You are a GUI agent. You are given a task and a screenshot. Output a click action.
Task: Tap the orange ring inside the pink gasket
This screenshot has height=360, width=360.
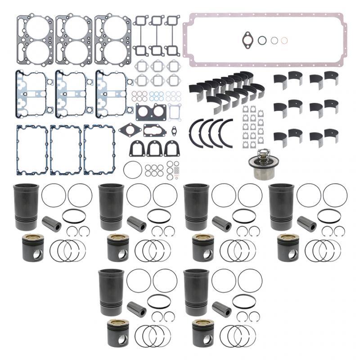[284, 40]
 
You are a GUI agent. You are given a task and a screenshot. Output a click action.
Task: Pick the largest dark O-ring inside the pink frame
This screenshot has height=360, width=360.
[262, 40]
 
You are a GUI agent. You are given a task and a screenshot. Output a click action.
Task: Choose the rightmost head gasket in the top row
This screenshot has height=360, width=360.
[112, 35]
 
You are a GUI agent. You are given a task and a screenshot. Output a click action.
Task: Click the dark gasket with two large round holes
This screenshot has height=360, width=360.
[151, 112]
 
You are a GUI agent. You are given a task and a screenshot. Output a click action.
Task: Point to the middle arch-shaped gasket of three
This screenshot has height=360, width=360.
[154, 148]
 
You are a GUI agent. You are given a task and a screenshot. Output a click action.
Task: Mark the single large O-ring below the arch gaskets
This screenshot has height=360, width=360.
[132, 170]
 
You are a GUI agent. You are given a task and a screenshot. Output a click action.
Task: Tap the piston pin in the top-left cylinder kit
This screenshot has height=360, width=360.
[51, 222]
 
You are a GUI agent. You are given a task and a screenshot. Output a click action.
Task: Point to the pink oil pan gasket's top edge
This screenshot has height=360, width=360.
[265, 15]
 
